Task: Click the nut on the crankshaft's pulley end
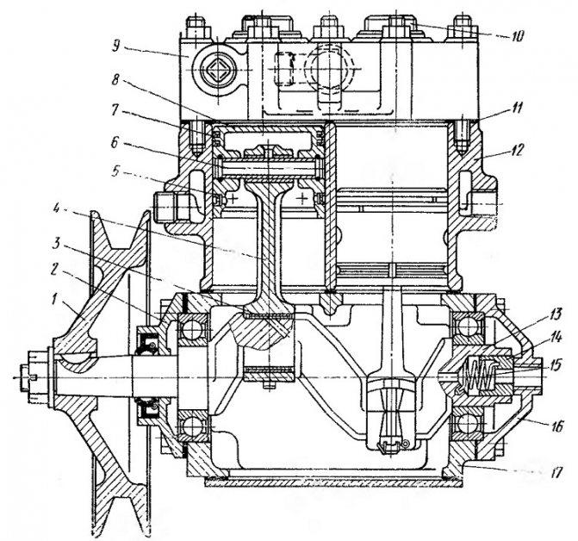coord(37,375)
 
